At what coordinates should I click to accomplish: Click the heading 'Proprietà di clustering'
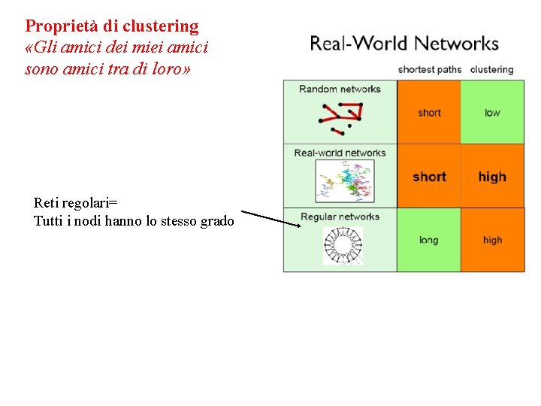click(112, 26)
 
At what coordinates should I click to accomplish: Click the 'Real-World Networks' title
click(404, 44)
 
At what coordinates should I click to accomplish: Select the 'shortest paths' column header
click(429, 70)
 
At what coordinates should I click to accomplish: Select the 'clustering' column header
click(491, 70)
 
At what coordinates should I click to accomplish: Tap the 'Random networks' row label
click(340, 89)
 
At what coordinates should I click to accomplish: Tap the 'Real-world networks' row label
click(340, 153)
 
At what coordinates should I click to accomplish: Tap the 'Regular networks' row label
click(340, 217)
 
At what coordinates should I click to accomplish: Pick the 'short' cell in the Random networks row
click(429, 113)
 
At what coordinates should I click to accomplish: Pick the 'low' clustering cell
click(492, 113)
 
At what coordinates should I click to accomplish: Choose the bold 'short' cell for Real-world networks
click(429, 177)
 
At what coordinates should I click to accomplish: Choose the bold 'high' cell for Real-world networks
click(492, 177)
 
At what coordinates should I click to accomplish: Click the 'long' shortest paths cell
click(428, 241)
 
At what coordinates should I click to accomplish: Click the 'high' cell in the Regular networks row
click(492, 241)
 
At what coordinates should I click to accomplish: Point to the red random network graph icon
click(340, 117)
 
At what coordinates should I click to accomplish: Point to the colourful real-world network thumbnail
click(344, 181)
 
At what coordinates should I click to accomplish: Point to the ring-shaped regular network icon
click(343, 246)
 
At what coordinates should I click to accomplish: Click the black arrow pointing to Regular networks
click(270, 217)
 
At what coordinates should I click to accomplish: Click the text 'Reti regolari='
click(76, 203)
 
